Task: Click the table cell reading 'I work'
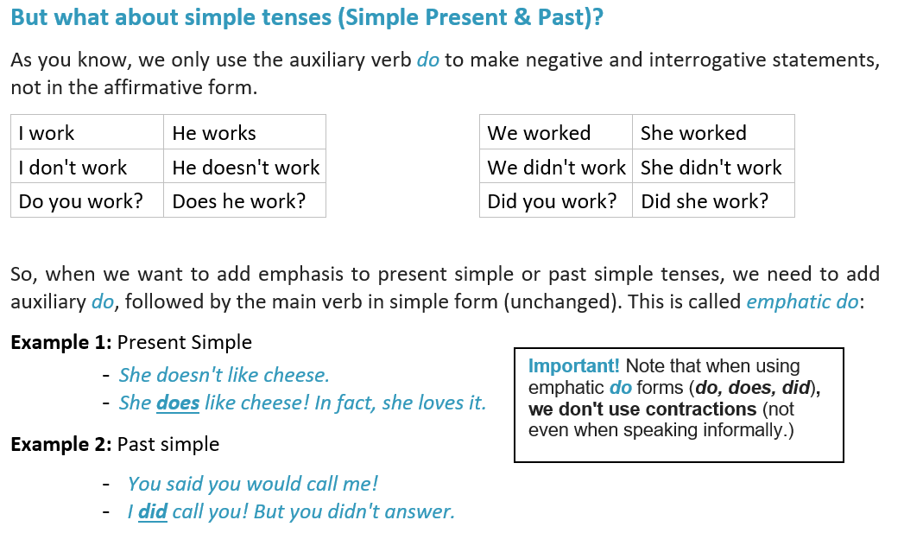tap(87, 132)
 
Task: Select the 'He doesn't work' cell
tap(245, 167)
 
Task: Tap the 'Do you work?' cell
tap(87, 201)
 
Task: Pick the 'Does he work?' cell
tap(245, 201)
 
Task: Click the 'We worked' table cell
tap(556, 132)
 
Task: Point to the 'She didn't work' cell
tap(713, 167)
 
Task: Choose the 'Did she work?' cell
tap(713, 201)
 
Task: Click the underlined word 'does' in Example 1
tap(178, 403)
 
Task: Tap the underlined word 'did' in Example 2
tap(153, 511)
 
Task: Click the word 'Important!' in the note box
tap(574, 365)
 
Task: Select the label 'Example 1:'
tap(61, 342)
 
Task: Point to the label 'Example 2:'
tap(61, 444)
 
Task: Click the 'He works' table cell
tap(245, 132)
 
